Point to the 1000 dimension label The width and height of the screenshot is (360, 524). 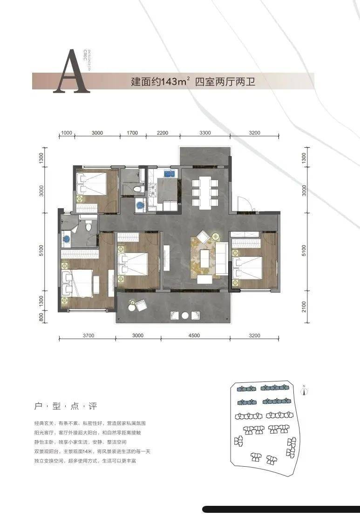point(67,133)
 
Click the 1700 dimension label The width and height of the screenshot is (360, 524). point(132,133)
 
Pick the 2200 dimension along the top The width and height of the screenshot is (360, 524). point(163,133)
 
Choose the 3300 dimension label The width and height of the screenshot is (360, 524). point(205,133)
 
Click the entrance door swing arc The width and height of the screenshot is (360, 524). point(244,204)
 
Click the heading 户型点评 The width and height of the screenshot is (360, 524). point(66,406)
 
